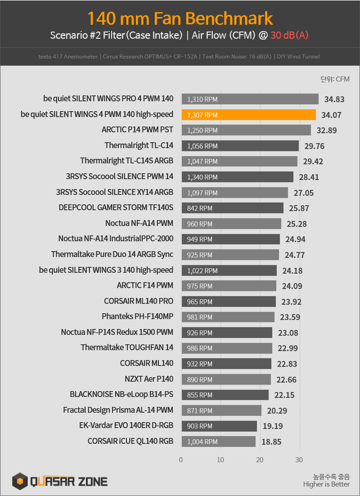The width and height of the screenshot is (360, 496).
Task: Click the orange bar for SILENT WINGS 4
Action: (249, 115)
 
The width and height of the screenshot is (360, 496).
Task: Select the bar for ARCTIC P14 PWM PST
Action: (246, 131)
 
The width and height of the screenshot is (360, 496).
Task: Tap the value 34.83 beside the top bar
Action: (334, 99)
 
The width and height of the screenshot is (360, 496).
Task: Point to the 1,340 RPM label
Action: (202, 177)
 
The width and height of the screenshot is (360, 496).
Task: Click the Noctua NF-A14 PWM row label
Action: (139, 223)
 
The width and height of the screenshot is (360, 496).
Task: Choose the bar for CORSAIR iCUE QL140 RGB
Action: (219, 442)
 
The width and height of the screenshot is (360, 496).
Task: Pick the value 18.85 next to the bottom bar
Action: (271, 442)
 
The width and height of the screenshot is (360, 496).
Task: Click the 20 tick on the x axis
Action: (260, 460)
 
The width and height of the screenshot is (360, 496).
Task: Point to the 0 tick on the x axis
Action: (181, 460)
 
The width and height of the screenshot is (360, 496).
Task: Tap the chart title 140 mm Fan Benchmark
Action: (180, 18)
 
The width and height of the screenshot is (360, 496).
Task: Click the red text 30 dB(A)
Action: (289, 35)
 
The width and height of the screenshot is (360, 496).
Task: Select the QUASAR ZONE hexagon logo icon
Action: (20, 481)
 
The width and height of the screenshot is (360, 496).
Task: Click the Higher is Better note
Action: (326, 484)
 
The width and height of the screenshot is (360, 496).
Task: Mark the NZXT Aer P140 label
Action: (149, 379)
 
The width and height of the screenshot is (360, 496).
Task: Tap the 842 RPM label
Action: (200, 208)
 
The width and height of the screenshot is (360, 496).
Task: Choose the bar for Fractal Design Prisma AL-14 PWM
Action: (221, 410)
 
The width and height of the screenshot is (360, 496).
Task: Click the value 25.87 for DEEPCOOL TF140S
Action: (299, 208)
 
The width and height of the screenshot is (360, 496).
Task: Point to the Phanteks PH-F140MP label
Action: (138, 316)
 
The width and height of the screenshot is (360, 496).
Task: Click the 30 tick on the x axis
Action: (299, 460)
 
